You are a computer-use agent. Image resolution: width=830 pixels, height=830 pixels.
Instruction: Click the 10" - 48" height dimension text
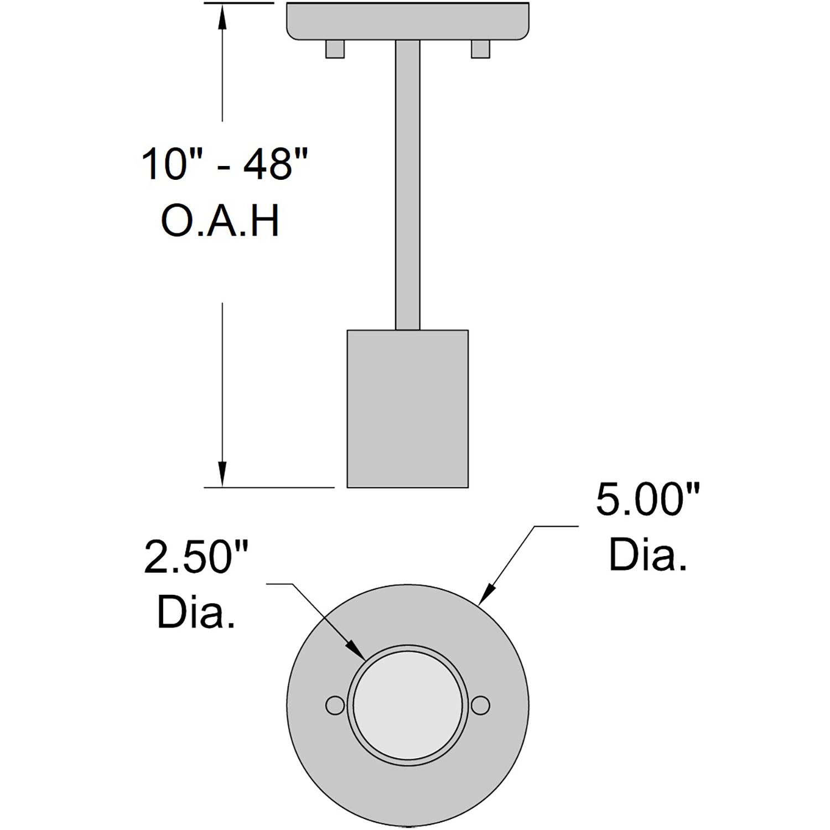click(x=224, y=164)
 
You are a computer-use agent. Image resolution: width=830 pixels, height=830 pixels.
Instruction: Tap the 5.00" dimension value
click(x=648, y=500)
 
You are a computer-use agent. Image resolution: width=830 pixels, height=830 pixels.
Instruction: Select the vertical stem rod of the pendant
click(x=407, y=183)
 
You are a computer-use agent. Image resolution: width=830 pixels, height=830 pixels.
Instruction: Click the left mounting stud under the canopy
click(x=335, y=49)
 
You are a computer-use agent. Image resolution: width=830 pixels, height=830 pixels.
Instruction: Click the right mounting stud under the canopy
click(x=480, y=49)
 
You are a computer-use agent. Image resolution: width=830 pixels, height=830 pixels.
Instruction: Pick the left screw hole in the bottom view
click(x=334, y=705)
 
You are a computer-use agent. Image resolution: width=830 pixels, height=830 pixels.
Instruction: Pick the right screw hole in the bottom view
click(x=481, y=705)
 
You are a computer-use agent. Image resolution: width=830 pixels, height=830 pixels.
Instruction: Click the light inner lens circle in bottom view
click(x=407, y=705)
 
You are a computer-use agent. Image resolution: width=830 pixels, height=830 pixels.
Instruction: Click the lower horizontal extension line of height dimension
click(x=269, y=487)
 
